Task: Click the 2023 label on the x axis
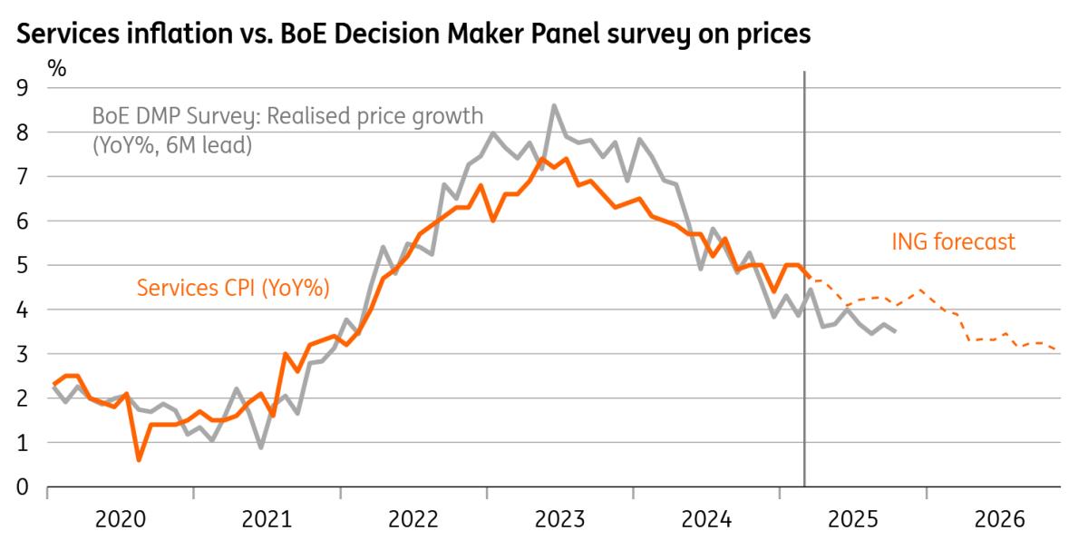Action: [x=559, y=520]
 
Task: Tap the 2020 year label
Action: [x=120, y=520]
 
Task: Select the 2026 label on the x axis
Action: [x=998, y=520]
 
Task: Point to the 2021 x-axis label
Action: [x=267, y=520]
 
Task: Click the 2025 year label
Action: [x=852, y=520]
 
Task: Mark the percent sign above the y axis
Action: [x=56, y=68]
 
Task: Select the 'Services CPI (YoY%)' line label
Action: [x=233, y=288]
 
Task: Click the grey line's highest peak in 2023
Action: [x=554, y=106]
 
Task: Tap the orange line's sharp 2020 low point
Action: [x=138, y=460]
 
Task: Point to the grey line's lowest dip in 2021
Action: [x=261, y=447]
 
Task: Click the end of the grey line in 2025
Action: [x=896, y=331]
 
